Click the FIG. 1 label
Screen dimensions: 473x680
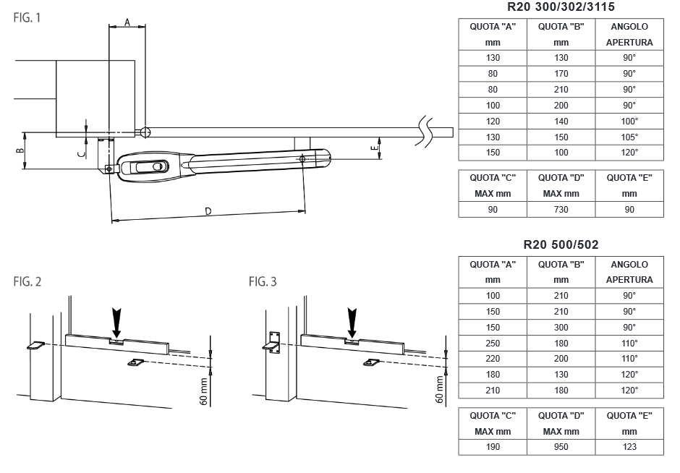[27, 17]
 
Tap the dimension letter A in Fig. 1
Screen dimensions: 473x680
[127, 22]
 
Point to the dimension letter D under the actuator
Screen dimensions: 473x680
[208, 211]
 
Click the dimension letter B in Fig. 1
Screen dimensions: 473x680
[20, 150]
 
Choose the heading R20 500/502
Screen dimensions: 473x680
[561, 244]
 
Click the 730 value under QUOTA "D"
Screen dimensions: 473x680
[561, 210]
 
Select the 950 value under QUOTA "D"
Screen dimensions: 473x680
[561, 446]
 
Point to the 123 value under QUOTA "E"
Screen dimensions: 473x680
[629, 446]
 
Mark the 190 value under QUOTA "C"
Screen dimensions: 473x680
[493, 446]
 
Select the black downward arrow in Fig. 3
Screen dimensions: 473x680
[352, 319]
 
